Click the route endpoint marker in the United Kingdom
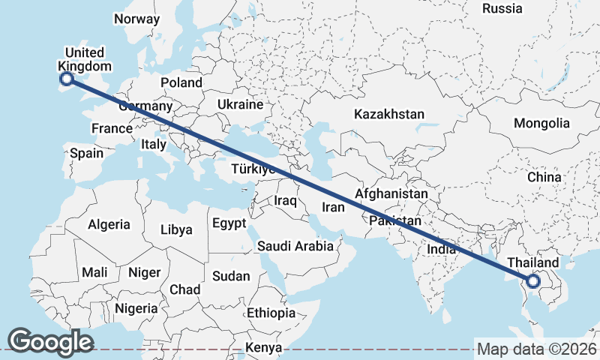[66, 78]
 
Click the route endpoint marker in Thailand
[533, 281]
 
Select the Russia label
[502, 8]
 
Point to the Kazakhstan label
[389, 114]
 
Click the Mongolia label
[541, 123]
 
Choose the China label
[544, 177]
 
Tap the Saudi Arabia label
[295, 246]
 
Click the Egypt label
[229, 223]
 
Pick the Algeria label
[109, 224]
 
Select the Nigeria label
[136, 307]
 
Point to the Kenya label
[264, 347]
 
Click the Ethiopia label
[271, 313]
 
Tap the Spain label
[86, 153]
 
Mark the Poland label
[181, 82]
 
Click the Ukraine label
[240, 104]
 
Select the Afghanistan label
[391, 193]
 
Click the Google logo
[50, 342]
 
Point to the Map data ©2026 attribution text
[536, 349]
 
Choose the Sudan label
[231, 276]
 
